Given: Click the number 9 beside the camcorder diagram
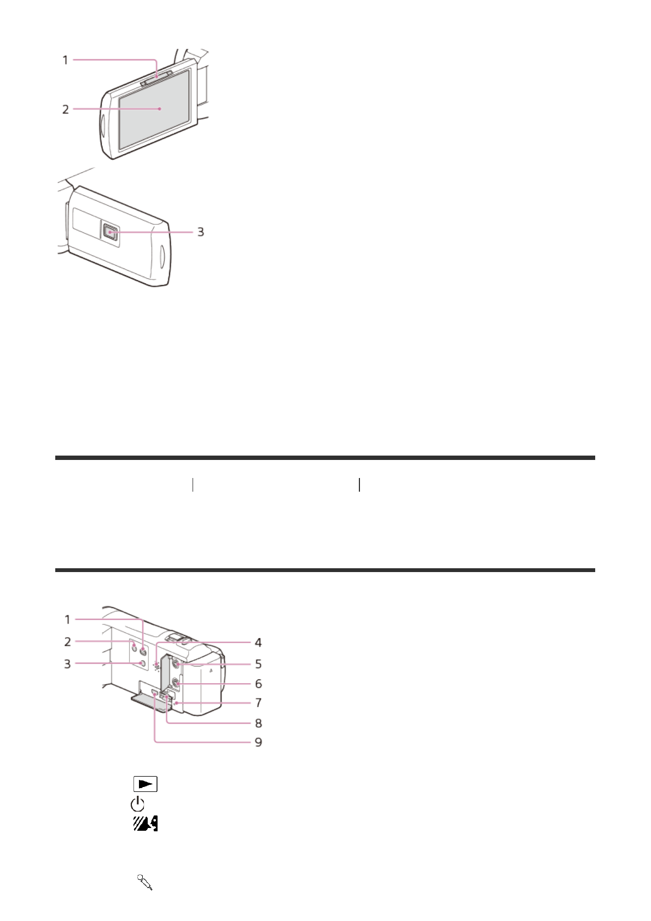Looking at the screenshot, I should (258, 742).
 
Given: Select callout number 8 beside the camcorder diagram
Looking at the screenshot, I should (258, 723).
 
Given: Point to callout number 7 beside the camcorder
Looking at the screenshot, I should (258, 702).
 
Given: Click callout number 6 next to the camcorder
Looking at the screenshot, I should (258, 684).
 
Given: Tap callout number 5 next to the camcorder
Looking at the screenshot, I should (258, 664).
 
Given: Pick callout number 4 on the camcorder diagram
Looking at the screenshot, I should (258, 643).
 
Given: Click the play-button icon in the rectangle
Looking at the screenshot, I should (145, 784).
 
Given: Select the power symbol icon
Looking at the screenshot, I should (137, 804).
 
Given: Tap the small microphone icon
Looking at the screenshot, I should (145, 882).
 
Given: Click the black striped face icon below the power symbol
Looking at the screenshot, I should (146, 824).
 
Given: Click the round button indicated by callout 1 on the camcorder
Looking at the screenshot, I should (143, 651).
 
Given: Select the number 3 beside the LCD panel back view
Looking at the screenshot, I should (201, 232).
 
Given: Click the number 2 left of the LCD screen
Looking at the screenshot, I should (66, 109).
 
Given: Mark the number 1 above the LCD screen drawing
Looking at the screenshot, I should (66, 60).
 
